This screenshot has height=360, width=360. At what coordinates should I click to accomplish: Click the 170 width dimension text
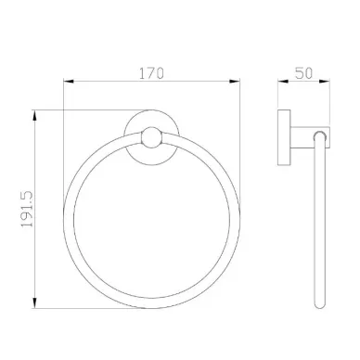[151, 73]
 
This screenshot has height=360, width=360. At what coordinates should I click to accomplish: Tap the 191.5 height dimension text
[27, 209]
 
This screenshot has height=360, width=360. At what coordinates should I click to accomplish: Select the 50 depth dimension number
[303, 73]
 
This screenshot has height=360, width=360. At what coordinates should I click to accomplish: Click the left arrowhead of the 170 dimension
[69, 82]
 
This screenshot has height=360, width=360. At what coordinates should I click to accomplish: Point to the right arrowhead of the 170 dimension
[235, 82]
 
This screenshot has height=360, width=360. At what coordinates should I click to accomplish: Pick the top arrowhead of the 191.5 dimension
[34, 116]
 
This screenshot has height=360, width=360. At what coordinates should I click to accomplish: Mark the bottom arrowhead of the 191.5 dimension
[34, 302]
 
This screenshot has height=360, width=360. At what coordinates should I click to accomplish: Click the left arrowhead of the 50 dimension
[283, 82]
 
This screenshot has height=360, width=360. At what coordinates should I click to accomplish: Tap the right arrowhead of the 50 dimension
[325, 82]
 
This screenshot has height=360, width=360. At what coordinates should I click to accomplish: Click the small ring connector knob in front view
[151, 137]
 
